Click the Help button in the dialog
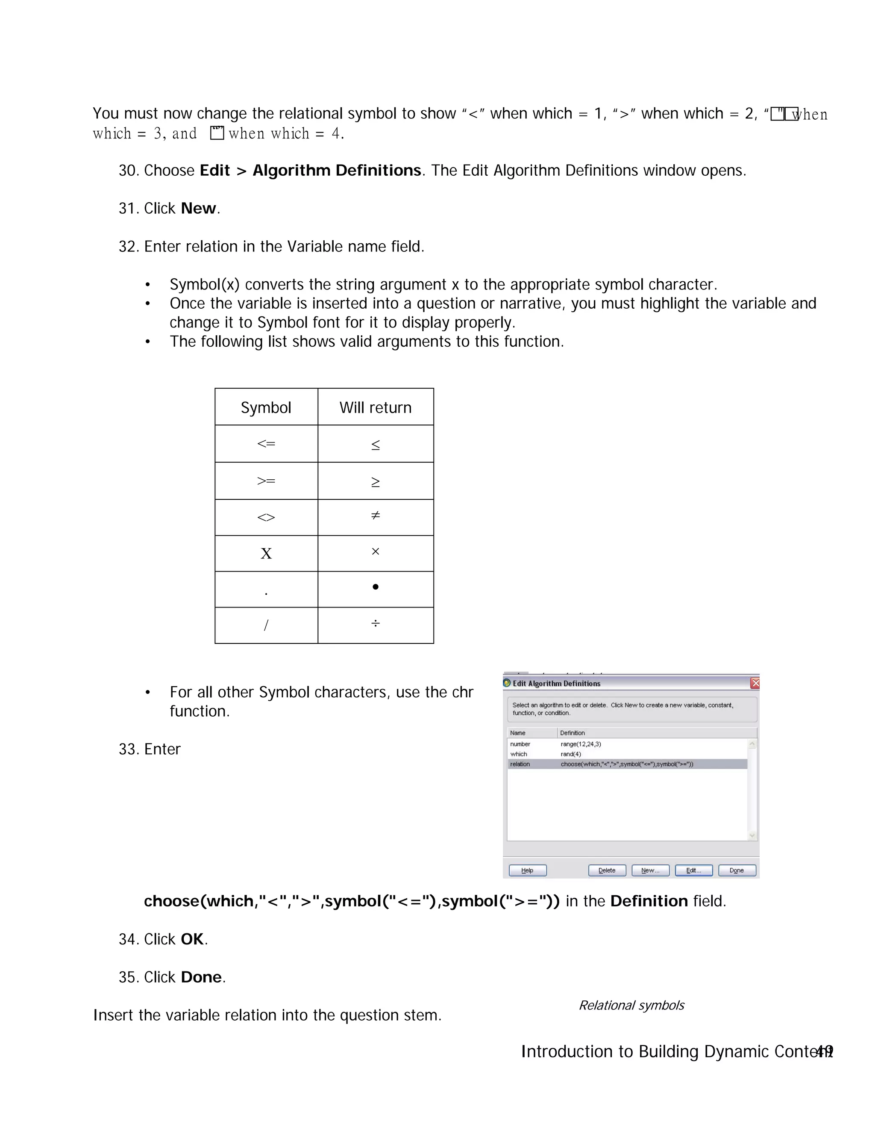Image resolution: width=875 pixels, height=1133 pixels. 527,870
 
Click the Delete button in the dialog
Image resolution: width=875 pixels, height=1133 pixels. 607,870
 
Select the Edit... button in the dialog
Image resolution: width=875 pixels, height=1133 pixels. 693,870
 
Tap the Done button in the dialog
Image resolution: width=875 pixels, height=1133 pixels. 736,870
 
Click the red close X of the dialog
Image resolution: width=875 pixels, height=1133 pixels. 755,683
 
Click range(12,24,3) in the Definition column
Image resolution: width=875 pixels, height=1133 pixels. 581,744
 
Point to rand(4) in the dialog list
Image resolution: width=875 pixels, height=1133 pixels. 571,754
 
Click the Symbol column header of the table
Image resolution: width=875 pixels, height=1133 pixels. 266,407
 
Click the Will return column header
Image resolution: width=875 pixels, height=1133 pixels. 375,407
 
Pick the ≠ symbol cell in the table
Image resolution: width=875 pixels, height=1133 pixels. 375,516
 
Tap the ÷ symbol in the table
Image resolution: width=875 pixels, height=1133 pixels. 375,623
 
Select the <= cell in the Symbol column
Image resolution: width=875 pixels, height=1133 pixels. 266,443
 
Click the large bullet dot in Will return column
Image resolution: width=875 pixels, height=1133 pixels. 375,587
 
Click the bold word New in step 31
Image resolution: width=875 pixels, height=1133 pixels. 198,209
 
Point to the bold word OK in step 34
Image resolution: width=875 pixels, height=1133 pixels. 192,939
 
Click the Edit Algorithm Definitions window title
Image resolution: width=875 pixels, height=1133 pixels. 556,683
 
